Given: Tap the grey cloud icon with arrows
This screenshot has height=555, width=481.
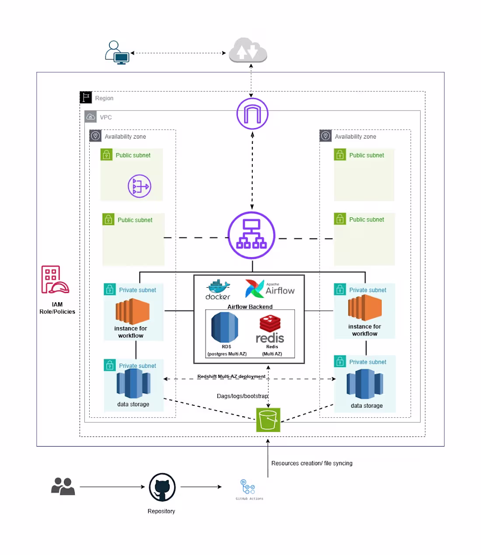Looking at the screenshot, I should pos(248,50).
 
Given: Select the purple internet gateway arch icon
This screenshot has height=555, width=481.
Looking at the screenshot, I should pos(252,114).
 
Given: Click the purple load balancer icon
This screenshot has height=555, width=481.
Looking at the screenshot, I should pos(251,235).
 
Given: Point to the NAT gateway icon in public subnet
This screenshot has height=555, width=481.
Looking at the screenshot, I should pos(139,186).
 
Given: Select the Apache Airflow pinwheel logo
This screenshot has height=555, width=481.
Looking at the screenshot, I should pos(254,289).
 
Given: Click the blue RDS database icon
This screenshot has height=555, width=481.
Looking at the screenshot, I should pos(225,327).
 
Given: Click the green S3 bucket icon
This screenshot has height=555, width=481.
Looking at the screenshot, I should pos(268,420).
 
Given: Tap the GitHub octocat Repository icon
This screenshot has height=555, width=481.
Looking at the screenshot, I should pos(162,487).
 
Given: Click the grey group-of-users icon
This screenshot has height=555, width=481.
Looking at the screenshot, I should pos(63,486).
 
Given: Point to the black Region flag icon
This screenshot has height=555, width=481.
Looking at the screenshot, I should pos(86,97).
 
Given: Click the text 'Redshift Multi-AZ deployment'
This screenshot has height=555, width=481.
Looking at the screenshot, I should pos(231,376).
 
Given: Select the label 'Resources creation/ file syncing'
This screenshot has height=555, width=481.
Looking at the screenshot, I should pos(312,463).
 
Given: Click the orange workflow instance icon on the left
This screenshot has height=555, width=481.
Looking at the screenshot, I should pos(132,311).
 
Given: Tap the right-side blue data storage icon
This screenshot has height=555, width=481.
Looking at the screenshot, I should pos(365,384).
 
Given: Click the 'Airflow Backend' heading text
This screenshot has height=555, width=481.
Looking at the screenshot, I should pos(250,307).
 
